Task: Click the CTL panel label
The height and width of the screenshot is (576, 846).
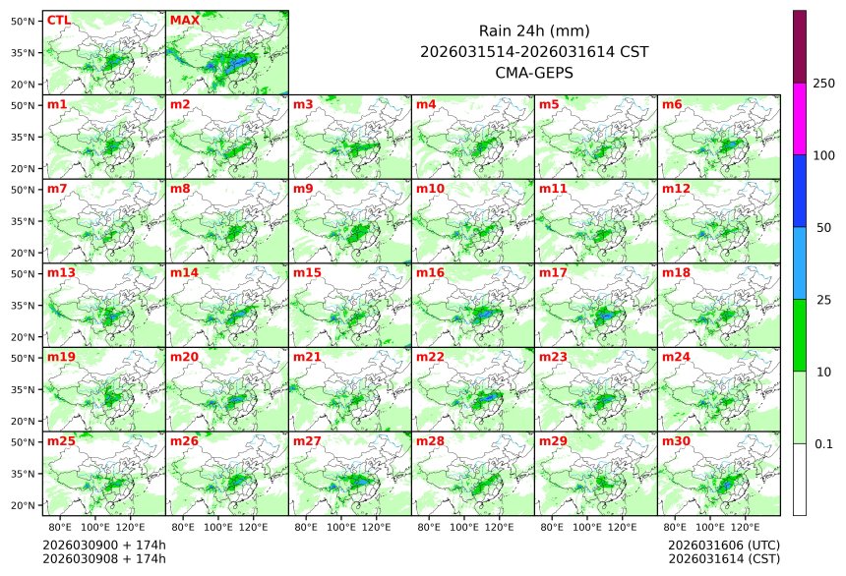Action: point(59,20)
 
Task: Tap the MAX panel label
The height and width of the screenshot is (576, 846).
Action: point(184,20)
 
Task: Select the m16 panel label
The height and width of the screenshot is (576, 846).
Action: point(430,272)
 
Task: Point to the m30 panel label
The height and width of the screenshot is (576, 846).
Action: point(676,441)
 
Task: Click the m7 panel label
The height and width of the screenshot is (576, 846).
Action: point(57,188)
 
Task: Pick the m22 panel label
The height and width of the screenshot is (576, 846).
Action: point(430,357)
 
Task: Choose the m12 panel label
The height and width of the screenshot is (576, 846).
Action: point(676,188)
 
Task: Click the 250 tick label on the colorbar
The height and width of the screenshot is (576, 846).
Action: point(823,84)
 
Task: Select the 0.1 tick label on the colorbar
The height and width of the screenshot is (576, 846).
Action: point(823,444)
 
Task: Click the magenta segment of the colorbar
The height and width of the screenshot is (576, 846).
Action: point(800,119)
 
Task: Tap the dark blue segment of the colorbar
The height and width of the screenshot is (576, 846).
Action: point(800,191)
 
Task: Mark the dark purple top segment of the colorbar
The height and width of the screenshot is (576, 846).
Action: point(800,46)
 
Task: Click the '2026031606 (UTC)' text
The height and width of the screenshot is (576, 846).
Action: point(723,545)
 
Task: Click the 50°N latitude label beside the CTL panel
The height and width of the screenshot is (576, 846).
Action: point(25,20)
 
